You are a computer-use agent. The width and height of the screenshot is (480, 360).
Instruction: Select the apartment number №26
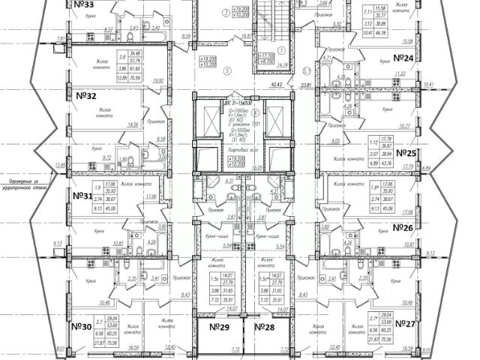coord(404,226)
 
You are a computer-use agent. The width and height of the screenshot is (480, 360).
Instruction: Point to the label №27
coord(404,324)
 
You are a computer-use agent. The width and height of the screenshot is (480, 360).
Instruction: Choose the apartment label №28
coord(266,327)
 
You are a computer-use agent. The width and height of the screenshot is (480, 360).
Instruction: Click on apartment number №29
coord(218,327)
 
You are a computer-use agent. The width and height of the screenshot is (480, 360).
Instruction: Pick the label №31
coord(88,196)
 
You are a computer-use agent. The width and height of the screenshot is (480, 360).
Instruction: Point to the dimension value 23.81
coord(306,85)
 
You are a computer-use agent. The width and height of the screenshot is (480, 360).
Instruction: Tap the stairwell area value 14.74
coord(262,65)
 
